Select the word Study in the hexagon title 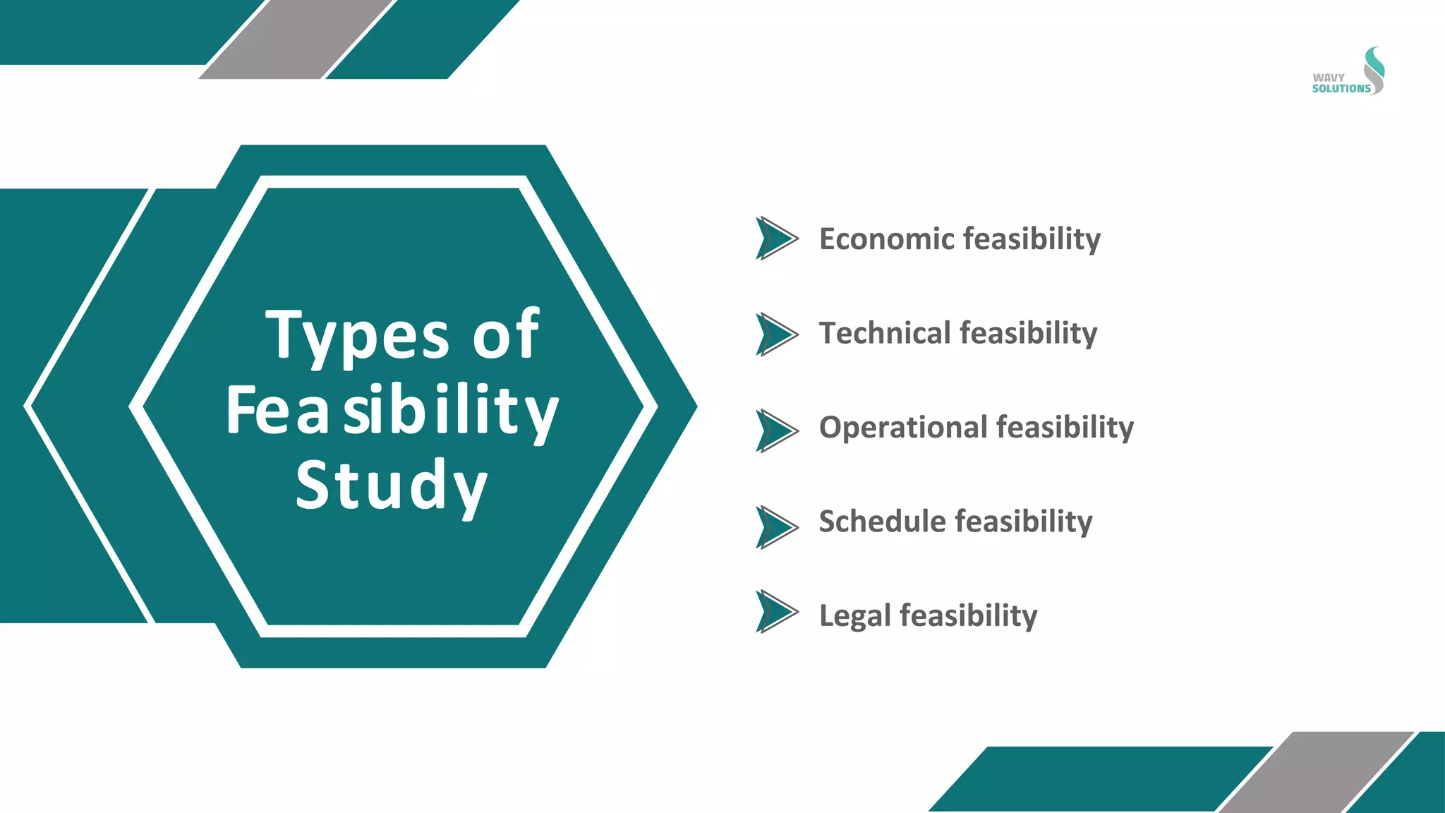pyautogui.click(x=392, y=486)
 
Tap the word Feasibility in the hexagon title pyautogui.click(x=392, y=411)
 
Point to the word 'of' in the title pyautogui.click(x=505, y=335)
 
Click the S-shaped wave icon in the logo pyautogui.click(x=1374, y=70)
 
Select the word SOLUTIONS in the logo pyautogui.click(x=1341, y=89)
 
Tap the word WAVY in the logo pyautogui.click(x=1329, y=78)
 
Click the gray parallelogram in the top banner pyautogui.click(x=296, y=39)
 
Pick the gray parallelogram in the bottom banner pyautogui.click(x=1317, y=772)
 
